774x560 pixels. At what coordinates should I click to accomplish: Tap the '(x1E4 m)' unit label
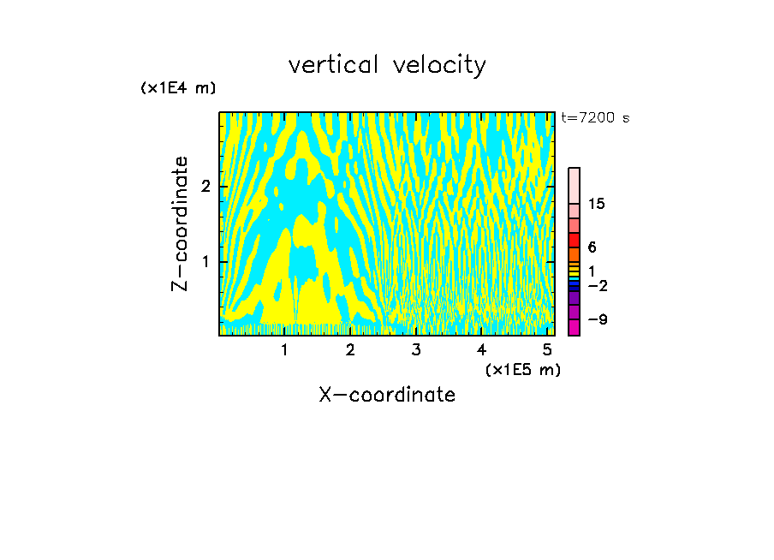coord(178,88)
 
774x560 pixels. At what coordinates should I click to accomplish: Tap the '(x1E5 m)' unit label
coord(522,369)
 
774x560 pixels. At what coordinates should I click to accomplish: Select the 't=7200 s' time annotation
coord(595,118)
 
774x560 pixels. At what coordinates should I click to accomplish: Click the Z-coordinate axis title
coord(180,223)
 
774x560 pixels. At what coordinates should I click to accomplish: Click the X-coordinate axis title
coord(387,395)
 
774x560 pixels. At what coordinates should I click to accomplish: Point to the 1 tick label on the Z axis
coord(205,261)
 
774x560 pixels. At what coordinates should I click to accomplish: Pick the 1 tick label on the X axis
coord(284,350)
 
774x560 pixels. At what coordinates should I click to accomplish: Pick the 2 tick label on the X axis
coord(350,350)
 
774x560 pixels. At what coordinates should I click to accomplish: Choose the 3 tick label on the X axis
coord(416,350)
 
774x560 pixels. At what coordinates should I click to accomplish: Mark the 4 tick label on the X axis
coord(481,350)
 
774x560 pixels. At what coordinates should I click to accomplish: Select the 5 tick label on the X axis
coord(547,350)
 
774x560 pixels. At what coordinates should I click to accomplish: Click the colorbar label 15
coord(597,204)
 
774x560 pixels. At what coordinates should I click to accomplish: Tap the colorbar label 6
coord(592,247)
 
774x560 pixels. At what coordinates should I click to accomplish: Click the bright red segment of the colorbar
coord(575,241)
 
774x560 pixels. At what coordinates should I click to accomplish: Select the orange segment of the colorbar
coord(575,255)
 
